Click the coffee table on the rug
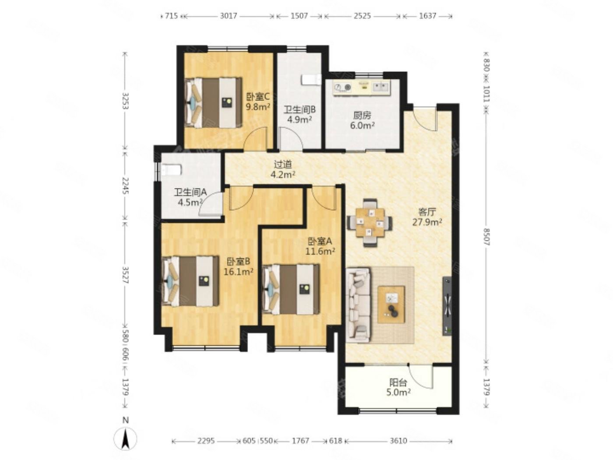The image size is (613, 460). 391,304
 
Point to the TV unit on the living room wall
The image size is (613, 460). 447,306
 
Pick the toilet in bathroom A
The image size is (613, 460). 172,170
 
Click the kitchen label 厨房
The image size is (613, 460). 362,115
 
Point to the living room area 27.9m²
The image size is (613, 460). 427,222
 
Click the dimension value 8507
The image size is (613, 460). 486,237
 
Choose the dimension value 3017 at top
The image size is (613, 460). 229,16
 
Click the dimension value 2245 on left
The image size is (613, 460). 126,186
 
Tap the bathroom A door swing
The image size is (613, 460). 211,205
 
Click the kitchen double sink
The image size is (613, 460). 380,87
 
